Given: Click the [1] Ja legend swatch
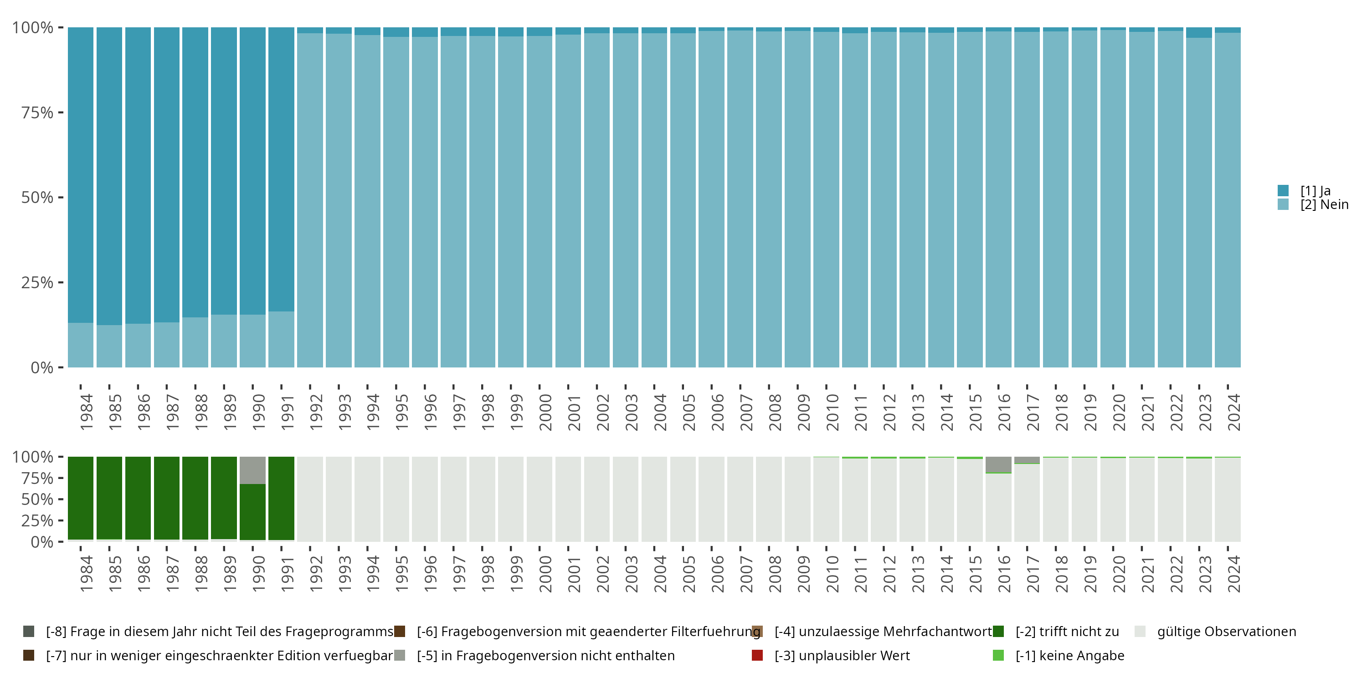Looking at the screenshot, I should pyautogui.click(x=1283, y=190).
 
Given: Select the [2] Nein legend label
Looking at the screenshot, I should pyautogui.click(x=1324, y=205).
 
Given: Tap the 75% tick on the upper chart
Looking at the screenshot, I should pyautogui.click(x=37, y=112).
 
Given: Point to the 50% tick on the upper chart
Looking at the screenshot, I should pyautogui.click(x=37, y=197).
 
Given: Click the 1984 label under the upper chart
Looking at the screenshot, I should pyautogui.click(x=86, y=412).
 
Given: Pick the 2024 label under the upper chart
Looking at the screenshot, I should pyautogui.click(x=1234, y=412).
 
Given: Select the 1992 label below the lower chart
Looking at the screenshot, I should pyautogui.click(x=316, y=574).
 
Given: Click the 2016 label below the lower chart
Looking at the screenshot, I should pyautogui.click(x=1004, y=574).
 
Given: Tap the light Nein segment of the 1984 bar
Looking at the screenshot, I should pyautogui.click(x=81, y=345).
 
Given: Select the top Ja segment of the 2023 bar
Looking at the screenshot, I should pyautogui.click(x=1199, y=32).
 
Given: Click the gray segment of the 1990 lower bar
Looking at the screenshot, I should pyautogui.click(x=252, y=470).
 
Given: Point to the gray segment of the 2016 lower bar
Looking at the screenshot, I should pyautogui.click(x=998, y=464).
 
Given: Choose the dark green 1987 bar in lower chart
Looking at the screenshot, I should pyautogui.click(x=167, y=499).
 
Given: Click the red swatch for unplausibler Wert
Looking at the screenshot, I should pyautogui.click(x=757, y=655).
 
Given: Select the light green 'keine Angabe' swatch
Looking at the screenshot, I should pyautogui.click(x=998, y=655).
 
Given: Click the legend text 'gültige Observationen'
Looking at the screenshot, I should pyautogui.click(x=1226, y=632).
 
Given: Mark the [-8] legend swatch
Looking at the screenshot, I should pyautogui.click(x=29, y=632).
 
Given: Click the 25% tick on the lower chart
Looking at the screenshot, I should pyautogui.click(x=37, y=520).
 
